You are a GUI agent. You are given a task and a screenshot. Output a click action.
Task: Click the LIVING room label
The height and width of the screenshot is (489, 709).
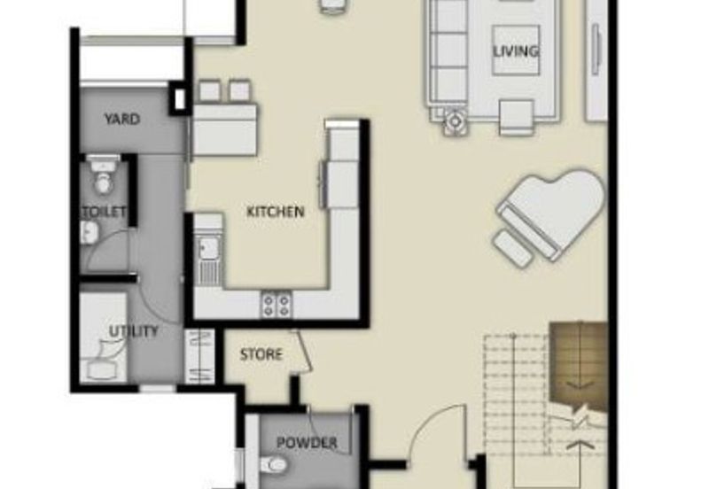(516, 50)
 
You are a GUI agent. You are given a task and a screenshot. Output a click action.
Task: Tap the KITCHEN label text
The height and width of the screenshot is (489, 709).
(276, 212)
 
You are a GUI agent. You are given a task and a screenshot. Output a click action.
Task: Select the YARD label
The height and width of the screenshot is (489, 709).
(122, 119)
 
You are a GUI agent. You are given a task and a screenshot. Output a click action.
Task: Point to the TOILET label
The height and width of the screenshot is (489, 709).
(104, 212)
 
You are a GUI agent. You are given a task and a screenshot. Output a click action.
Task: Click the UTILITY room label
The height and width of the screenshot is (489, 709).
(134, 331)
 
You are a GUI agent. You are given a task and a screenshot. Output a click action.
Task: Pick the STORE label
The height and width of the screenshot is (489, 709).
(261, 354)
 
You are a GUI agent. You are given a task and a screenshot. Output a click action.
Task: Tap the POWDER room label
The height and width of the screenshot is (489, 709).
(307, 442)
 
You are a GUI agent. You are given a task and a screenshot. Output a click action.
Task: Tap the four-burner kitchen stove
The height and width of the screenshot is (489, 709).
(277, 305)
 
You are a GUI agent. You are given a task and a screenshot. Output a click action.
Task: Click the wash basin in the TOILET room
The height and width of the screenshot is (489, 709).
(90, 233)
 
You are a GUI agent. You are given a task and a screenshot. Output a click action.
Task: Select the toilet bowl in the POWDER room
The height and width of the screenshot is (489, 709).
(274, 463)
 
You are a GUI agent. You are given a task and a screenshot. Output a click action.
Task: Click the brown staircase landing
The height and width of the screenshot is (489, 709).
(579, 366)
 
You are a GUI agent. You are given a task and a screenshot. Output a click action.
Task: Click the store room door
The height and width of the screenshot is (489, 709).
(302, 352)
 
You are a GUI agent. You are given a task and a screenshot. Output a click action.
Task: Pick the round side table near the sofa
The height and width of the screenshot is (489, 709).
(455, 121)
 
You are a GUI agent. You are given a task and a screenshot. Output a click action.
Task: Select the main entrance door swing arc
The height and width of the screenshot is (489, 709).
(429, 419)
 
